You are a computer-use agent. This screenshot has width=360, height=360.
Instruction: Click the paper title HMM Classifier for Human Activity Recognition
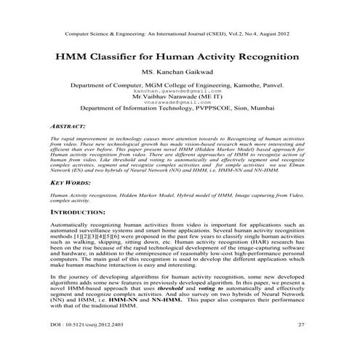[x=180, y=57]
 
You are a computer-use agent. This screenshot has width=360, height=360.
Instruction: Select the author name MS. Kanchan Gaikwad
[x=180, y=73]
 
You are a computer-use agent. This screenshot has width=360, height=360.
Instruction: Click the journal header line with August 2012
[x=180, y=34]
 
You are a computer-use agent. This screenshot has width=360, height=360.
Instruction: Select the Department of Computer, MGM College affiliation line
[x=180, y=85]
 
